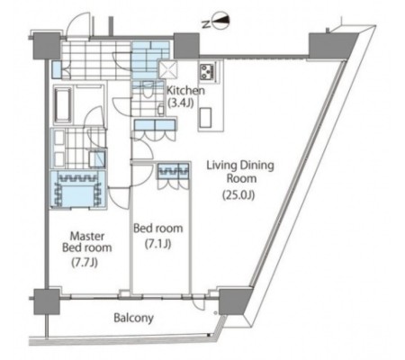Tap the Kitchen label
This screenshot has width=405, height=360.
(185, 90)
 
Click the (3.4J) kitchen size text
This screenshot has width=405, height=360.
(180, 103)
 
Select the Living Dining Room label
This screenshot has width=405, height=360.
(240, 172)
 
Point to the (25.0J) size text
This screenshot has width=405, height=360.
(238, 195)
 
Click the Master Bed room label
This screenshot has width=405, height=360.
(87, 242)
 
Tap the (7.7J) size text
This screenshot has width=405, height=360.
(85, 263)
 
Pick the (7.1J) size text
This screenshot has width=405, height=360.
(158, 244)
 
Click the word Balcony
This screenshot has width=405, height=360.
(133, 318)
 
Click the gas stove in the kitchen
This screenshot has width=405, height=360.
(207, 72)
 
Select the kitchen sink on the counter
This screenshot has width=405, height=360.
(206, 117)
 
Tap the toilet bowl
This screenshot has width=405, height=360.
(147, 90)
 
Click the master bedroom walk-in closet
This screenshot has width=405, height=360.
(78, 189)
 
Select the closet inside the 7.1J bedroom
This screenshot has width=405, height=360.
(174, 171)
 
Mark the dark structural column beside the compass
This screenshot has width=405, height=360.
(186, 46)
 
